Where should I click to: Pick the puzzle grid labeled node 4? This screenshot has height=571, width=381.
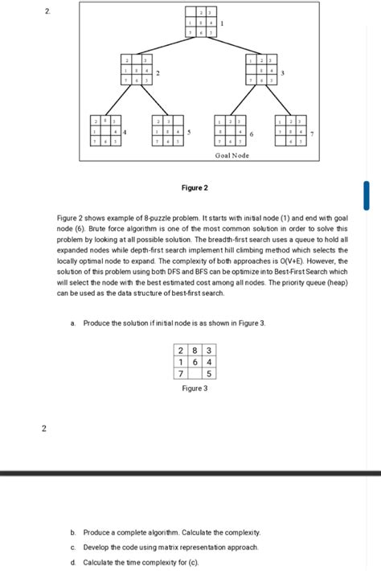(104, 130)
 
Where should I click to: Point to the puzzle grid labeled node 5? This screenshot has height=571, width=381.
(167, 130)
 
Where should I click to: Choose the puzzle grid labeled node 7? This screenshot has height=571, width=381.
(289, 130)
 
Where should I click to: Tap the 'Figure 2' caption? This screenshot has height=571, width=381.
(195, 188)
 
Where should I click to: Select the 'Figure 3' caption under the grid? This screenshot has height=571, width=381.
(195, 388)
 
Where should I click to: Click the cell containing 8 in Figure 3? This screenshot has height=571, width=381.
(195, 350)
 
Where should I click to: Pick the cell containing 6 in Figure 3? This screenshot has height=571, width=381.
(195, 362)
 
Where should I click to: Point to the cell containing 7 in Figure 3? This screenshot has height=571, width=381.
(182, 374)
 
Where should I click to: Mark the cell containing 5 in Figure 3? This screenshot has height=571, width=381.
(208, 374)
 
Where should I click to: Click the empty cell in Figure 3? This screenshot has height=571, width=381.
(195, 374)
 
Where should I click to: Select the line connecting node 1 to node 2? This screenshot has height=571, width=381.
(169, 47)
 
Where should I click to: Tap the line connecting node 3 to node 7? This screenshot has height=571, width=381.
(278, 101)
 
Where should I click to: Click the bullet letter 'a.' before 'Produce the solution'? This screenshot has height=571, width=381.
(73, 322)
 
